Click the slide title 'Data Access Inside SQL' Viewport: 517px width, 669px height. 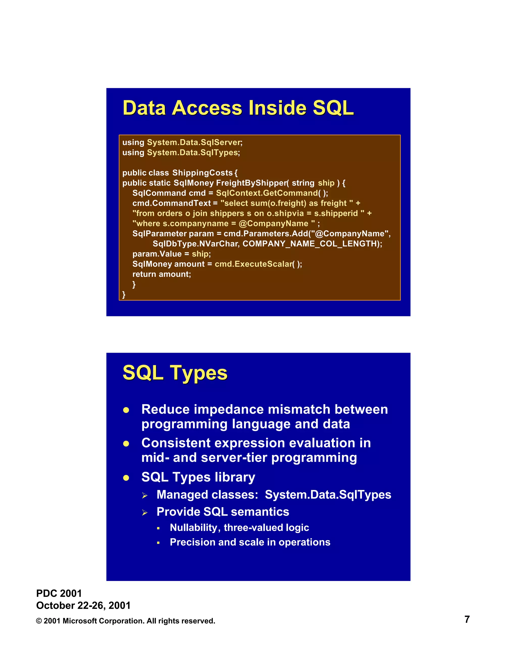point(238,108)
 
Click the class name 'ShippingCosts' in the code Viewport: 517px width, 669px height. point(202,173)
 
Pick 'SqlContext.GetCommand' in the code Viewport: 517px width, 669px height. point(267,193)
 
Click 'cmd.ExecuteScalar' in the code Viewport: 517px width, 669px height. point(253,264)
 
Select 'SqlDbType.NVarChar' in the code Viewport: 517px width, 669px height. point(195,244)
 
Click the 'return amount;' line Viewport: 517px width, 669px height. point(161,274)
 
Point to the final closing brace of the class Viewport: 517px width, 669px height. point(124,294)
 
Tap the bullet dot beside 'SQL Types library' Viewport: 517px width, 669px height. point(126,478)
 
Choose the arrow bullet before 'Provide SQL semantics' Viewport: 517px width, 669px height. point(145,513)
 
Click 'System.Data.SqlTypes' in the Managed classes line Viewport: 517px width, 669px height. point(328,495)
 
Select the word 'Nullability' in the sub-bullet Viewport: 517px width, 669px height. point(194,527)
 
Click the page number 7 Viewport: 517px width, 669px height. point(467,619)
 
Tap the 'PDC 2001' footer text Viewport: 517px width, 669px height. point(59,593)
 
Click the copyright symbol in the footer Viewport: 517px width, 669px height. point(39,621)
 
